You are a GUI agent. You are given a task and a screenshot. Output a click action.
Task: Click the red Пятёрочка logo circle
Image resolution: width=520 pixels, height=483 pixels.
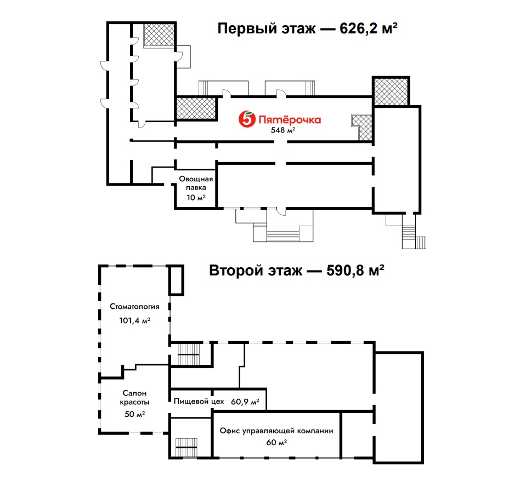pos(247,119)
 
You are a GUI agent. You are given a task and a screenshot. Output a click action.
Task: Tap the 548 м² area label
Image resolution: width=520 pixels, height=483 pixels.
pos(283,130)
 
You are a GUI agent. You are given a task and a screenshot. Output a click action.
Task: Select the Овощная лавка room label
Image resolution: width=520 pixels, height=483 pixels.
pos(196,183)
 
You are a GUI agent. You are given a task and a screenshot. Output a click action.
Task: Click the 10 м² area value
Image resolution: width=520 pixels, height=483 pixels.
pos(196,198)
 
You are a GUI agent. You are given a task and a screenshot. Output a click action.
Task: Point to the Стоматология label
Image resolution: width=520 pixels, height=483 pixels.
pos(134,307)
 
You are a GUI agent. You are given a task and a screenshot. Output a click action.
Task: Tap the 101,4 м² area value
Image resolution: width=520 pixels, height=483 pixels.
pos(134,320)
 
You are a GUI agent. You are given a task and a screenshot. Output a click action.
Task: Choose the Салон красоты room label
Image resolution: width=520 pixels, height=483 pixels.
pos(134,398)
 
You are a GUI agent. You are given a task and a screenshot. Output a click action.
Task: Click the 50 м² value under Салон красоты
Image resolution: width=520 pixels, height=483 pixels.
pos(134,414)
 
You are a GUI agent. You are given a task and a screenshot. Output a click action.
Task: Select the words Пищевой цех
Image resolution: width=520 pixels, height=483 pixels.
pos(199,401)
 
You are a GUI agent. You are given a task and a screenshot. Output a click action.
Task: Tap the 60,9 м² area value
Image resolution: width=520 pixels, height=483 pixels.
pos(245,401)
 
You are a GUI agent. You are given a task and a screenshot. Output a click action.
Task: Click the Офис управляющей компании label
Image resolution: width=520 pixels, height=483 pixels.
pos(276,431)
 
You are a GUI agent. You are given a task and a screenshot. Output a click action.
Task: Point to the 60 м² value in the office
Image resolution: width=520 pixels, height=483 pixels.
pos(276,442)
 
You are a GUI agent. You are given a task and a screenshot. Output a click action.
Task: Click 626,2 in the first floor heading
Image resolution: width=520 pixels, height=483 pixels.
pos(359,28)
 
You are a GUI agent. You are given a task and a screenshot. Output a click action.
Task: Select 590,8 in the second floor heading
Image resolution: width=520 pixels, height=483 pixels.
pos(345,271)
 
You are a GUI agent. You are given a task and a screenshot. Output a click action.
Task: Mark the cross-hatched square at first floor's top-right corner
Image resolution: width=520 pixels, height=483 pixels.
pos(391,91)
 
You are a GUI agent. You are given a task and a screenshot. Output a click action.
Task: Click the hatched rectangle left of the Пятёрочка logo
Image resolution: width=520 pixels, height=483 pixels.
pos(196,108)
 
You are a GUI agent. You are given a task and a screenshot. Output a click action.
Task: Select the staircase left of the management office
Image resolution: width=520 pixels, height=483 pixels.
pos(186,447)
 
